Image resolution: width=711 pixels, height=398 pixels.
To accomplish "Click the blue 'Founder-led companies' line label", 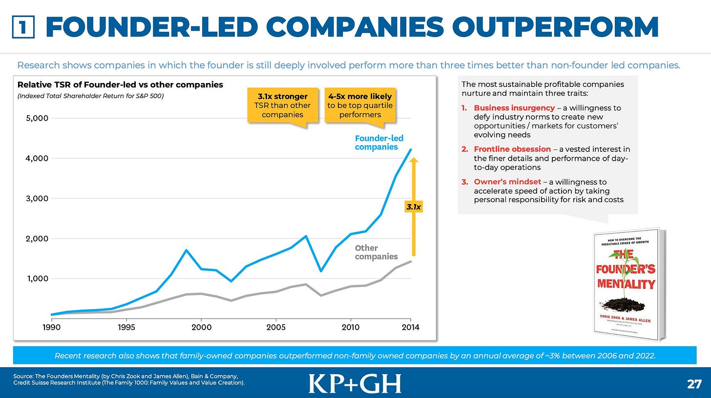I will [x=378, y=143].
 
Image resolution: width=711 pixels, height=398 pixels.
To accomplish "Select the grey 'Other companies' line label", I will [x=376, y=252].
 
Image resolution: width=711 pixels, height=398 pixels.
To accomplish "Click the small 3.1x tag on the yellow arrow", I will [x=413, y=207].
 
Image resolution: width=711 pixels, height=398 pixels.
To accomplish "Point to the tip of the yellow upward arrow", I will [x=413, y=159].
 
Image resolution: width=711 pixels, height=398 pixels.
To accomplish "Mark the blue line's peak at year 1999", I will [x=186, y=250].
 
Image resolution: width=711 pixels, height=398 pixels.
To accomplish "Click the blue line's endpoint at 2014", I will [x=411, y=149].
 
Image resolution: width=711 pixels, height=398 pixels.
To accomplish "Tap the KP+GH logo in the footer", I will [x=355, y=383].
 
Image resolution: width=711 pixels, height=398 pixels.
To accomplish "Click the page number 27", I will [x=694, y=384].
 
